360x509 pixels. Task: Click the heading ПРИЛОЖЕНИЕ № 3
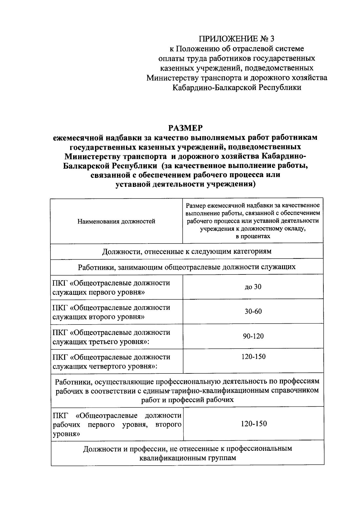tap(237, 39)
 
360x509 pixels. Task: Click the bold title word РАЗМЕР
tap(185, 128)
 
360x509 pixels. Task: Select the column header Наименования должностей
tap(116, 221)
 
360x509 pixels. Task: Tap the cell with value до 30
tap(253, 287)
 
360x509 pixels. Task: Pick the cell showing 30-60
tap(253, 311)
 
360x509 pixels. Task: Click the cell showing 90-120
tap(253, 336)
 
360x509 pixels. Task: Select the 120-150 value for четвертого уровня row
tap(253, 357)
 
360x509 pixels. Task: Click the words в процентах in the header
tap(253, 236)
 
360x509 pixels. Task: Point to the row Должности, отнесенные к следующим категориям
tap(187, 251)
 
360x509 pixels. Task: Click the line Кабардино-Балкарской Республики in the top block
tap(237, 88)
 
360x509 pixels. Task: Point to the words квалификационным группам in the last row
tap(187, 458)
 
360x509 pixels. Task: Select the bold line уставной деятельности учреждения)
tap(185, 184)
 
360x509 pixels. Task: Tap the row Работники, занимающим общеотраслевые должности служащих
tap(187, 267)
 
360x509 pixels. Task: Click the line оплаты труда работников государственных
tap(237, 58)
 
